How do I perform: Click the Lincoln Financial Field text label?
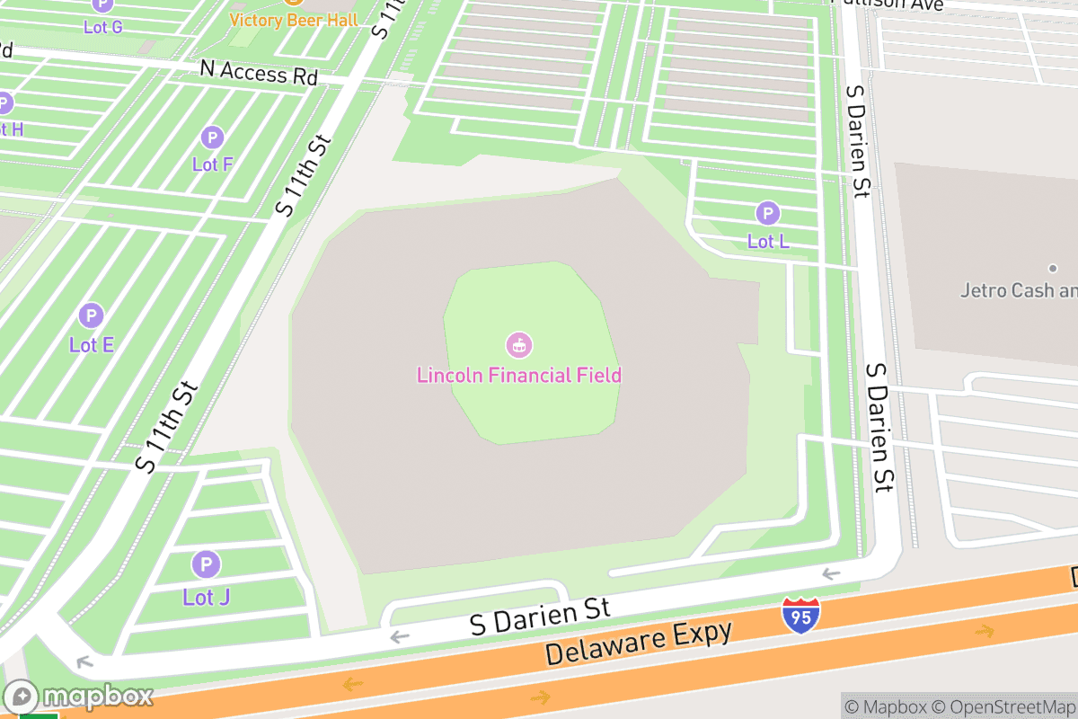pyautogui.click(x=519, y=375)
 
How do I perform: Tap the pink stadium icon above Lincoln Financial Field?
pyautogui.click(x=519, y=344)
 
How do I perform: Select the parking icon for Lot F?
pyautogui.click(x=212, y=138)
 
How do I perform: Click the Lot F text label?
pyautogui.click(x=212, y=164)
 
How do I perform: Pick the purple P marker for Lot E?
pyautogui.click(x=91, y=316)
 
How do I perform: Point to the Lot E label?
pyautogui.click(x=91, y=344)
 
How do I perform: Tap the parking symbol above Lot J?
pyautogui.click(x=206, y=565)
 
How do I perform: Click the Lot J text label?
pyautogui.click(x=206, y=597)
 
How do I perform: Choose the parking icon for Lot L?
pyautogui.click(x=767, y=214)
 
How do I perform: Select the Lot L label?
pyautogui.click(x=767, y=241)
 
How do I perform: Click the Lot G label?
pyautogui.click(x=102, y=27)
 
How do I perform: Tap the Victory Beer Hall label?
pyautogui.click(x=293, y=20)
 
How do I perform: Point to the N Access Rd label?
pyautogui.click(x=259, y=72)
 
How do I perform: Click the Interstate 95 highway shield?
pyautogui.click(x=799, y=616)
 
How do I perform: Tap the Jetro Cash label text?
pyautogui.click(x=1018, y=290)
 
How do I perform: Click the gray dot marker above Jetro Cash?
pyautogui.click(x=1053, y=268)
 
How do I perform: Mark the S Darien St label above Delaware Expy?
pyautogui.click(x=540, y=617)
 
